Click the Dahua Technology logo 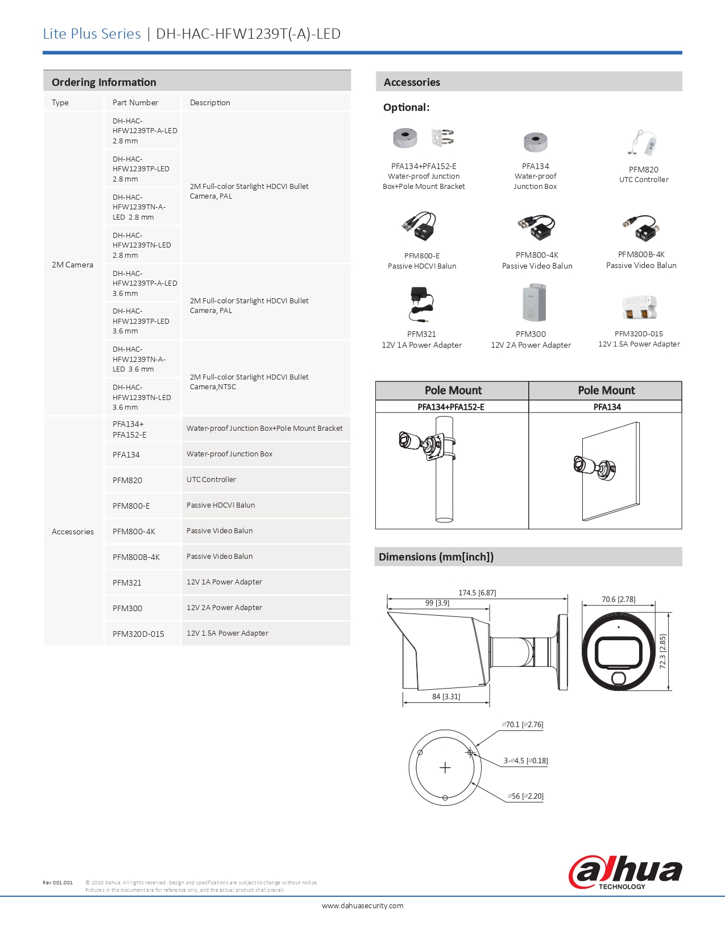pos(625,872)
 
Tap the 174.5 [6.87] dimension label pos(477,592)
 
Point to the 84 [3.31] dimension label pos(446,697)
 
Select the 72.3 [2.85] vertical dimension pos(662,652)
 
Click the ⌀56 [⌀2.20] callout pos(525,796)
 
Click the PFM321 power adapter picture pos(421,304)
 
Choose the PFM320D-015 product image pos(639,307)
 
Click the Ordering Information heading pos(104,82)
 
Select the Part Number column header pos(135,102)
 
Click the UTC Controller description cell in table pos(211,480)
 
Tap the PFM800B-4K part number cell pos(136,557)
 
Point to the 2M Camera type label pos(72,265)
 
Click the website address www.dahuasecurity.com pos(362,905)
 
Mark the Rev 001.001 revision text pos(57,883)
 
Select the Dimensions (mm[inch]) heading pos(436,557)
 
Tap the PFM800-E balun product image pos(419,226)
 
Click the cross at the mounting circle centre pos(445,768)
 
